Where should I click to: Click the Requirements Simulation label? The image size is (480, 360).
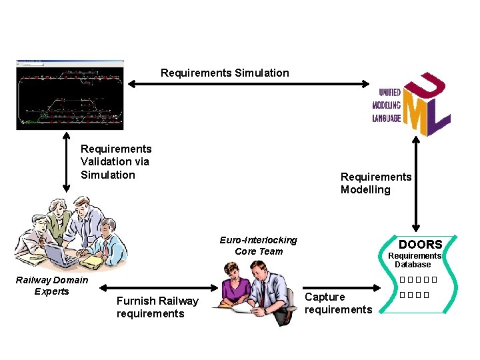[225, 73]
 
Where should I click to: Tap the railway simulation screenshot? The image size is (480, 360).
[70, 94]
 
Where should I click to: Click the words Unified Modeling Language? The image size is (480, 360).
[387, 105]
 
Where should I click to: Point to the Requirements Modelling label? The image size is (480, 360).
[376, 183]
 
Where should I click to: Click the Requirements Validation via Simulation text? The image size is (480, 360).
[115, 162]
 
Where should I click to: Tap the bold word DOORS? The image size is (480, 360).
[420, 244]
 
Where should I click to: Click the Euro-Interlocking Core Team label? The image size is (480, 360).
[259, 245]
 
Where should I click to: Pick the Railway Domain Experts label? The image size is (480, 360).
[51, 285]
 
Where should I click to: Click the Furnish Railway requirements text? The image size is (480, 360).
[157, 307]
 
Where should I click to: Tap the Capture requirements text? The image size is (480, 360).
[338, 303]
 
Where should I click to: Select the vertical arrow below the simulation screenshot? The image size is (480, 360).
[66, 163]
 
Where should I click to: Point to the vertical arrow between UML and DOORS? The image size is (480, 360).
[416, 184]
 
